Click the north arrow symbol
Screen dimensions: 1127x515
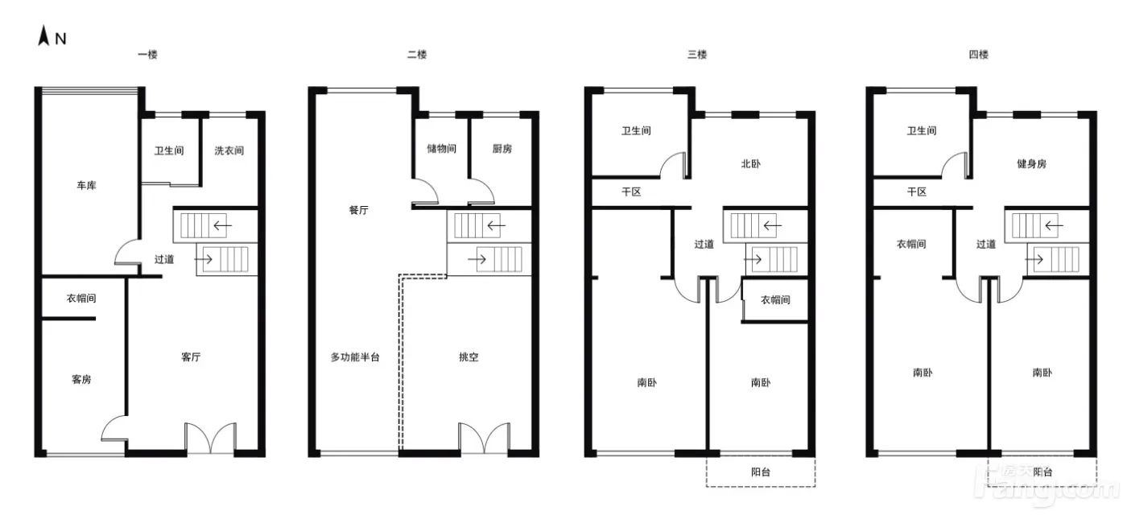point(43,35)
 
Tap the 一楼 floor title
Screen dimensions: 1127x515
point(148,55)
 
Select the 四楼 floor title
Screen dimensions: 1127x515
point(979,55)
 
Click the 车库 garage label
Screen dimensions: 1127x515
point(87,186)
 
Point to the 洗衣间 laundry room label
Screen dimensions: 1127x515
point(229,150)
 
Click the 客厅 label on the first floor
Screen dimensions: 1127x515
point(191,357)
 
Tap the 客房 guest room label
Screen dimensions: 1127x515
point(81,379)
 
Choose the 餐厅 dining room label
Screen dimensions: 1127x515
point(359,210)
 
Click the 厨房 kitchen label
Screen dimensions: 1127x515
point(502,148)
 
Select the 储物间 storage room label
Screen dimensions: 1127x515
point(442,148)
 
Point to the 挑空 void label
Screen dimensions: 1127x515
point(469,357)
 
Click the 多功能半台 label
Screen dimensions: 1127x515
point(355,357)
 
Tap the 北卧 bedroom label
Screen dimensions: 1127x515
point(750,164)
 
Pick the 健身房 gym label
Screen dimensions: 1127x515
point(1031,164)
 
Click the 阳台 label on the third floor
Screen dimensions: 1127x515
point(761,472)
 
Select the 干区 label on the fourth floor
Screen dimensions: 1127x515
point(917,192)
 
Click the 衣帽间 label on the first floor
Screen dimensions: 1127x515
point(81,299)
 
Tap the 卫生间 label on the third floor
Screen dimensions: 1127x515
point(637,130)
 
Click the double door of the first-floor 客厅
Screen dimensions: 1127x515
point(211,438)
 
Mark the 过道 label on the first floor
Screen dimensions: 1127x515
point(164,259)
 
